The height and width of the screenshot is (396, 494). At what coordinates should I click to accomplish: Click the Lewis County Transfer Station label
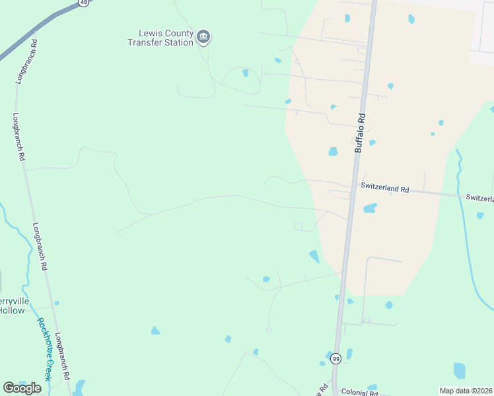(160, 38)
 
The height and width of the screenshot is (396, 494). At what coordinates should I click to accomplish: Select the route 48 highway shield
(83, 2)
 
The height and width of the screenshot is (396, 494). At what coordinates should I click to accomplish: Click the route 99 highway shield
(336, 358)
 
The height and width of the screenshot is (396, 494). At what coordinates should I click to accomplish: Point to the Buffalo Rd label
(360, 133)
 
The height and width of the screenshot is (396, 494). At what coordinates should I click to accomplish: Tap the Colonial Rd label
(359, 392)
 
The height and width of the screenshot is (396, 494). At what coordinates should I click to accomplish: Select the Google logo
(22, 388)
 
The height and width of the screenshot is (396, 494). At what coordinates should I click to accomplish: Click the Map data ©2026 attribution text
(466, 391)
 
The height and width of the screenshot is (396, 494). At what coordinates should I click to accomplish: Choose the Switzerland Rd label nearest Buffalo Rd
(385, 188)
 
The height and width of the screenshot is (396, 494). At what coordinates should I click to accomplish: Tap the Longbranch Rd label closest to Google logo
(63, 355)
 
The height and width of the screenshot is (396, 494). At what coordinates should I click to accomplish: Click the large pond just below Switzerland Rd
(370, 209)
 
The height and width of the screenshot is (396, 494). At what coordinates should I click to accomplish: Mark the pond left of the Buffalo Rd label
(334, 152)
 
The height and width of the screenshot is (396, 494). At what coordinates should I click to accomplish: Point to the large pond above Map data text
(460, 370)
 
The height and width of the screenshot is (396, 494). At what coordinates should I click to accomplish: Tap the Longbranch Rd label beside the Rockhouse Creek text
(63, 355)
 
